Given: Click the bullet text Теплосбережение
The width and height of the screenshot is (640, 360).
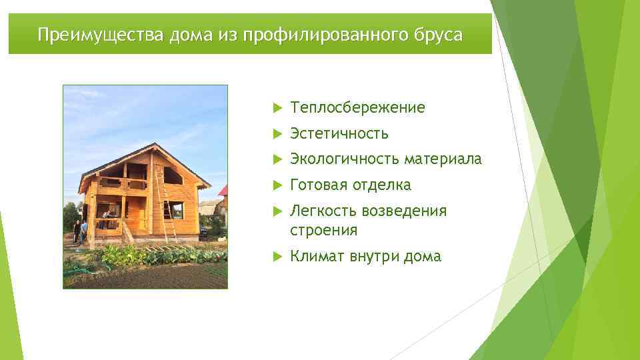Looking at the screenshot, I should tap(357, 108).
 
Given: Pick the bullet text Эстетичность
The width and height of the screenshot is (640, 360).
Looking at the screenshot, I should tap(339, 134).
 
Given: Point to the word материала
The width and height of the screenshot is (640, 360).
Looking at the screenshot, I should tap(443, 159).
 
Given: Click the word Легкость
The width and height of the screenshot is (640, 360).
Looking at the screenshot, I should tap(323, 211).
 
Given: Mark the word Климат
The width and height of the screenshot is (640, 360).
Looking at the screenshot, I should tap(317, 257).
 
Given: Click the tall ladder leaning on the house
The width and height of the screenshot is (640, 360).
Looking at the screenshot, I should tap(165, 204).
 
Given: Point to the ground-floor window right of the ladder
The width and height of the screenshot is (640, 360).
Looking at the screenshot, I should tap(177, 211).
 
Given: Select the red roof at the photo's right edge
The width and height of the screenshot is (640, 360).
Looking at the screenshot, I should tap(223, 191).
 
